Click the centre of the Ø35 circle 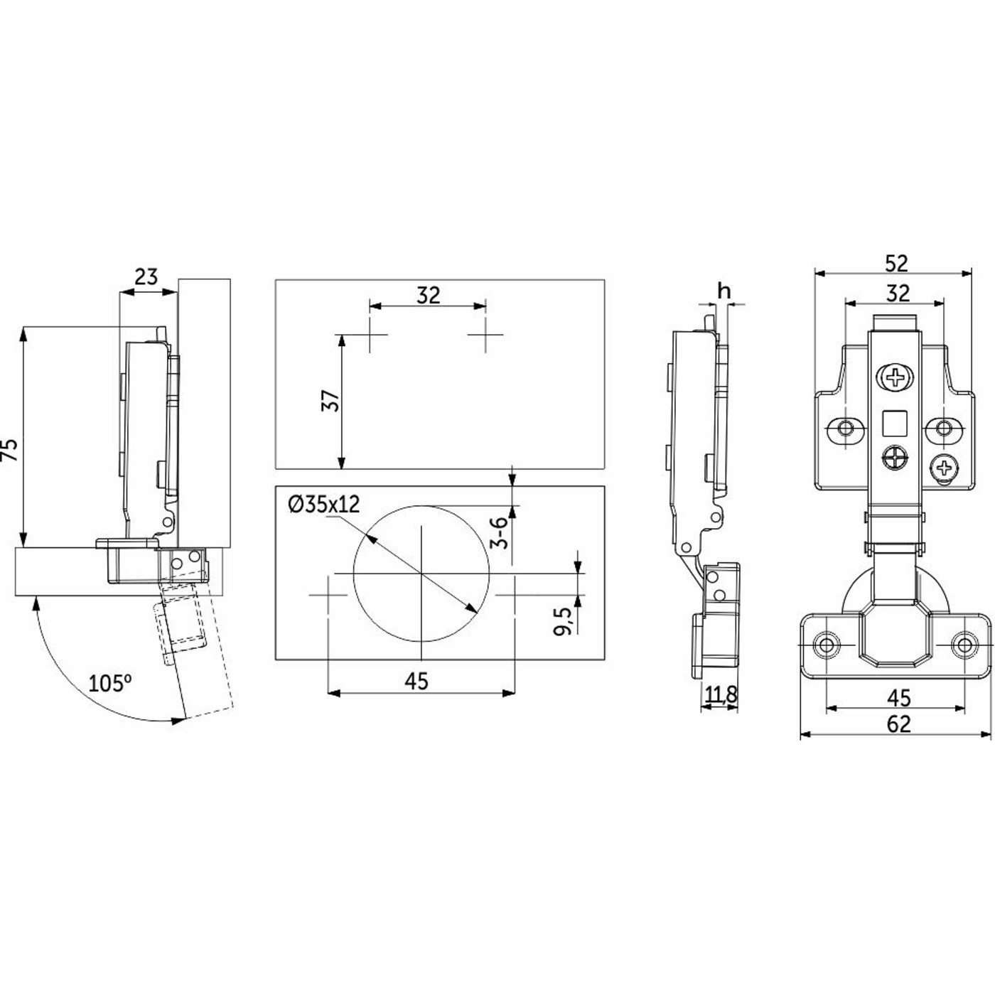(x=421, y=574)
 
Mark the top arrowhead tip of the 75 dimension (x=23, y=328)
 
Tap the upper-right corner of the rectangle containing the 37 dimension (x=604, y=280)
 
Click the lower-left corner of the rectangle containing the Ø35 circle (x=276, y=660)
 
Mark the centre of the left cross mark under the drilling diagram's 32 (x=370, y=335)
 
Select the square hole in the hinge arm (x=895, y=422)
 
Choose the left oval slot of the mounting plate (x=846, y=429)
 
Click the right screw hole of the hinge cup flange (x=964, y=645)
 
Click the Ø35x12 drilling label (x=324, y=505)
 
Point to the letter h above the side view (x=724, y=291)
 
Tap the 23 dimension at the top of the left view (x=146, y=276)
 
